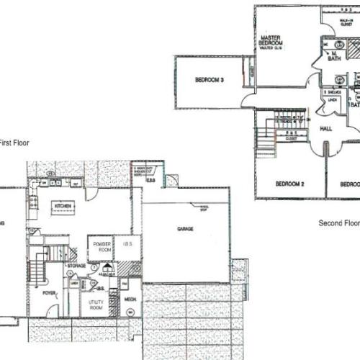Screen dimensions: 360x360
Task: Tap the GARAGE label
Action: pyautogui.click(x=186, y=228)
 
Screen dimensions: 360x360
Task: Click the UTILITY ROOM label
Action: pyautogui.click(x=96, y=305)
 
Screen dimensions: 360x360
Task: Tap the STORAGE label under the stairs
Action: pyautogui.click(x=78, y=266)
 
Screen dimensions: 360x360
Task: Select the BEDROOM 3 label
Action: pyautogui.click(x=210, y=80)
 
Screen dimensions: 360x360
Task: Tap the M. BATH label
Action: pyautogui.click(x=333, y=57)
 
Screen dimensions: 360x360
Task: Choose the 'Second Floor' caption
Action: pyautogui.click(x=338, y=223)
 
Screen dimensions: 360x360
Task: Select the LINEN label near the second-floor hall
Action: pyautogui.click(x=333, y=99)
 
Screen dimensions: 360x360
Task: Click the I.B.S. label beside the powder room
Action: pyautogui.click(x=127, y=246)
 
